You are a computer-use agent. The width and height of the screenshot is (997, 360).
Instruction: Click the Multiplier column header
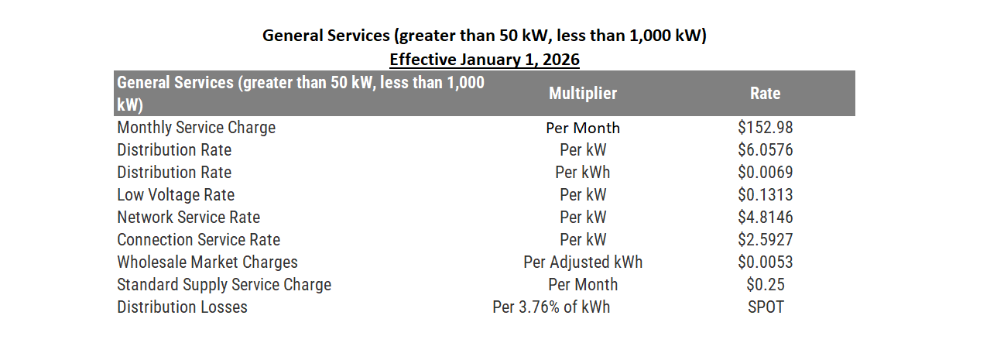coord(582,94)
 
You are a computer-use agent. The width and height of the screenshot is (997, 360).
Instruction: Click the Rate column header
coord(765,94)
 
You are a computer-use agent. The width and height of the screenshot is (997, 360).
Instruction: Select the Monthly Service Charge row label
coord(196,128)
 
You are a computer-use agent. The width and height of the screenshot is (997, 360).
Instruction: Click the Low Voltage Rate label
coord(176,195)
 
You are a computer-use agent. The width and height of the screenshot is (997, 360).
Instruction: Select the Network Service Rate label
coord(188,218)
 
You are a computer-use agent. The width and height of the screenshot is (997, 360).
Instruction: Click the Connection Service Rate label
coord(198,240)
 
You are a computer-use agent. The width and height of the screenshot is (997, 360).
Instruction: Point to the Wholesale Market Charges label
coord(207,262)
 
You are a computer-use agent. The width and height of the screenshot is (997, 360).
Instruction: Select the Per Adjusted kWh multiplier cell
coord(582,262)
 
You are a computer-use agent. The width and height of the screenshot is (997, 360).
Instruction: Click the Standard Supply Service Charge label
coord(224,285)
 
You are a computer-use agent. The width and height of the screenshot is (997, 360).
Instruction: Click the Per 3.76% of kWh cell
coord(551,307)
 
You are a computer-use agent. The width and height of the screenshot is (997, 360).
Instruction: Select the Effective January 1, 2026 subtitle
coord(485,60)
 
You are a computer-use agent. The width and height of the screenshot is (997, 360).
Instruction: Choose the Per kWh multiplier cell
coord(582,173)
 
